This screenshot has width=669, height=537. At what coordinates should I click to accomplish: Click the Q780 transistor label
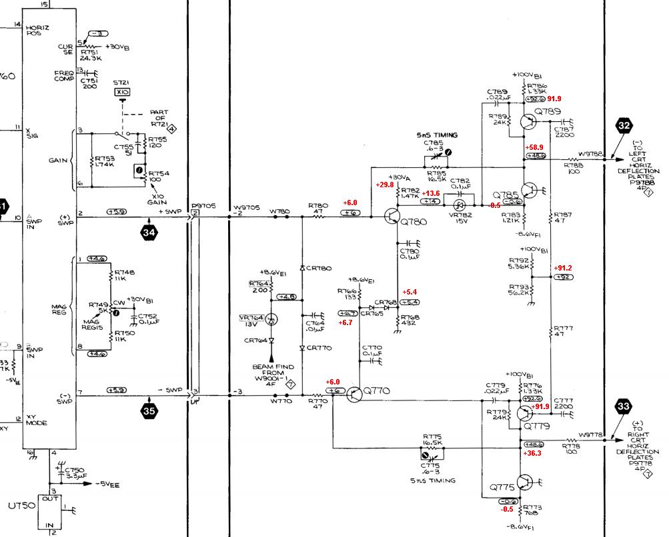415,223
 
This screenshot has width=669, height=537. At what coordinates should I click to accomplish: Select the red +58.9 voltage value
536,147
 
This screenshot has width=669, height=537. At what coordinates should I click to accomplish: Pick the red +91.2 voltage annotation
562,268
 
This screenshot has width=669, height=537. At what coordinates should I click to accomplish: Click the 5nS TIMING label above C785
437,135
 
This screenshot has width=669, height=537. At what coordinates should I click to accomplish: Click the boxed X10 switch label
122,92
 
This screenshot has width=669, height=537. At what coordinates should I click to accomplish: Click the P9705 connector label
203,206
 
